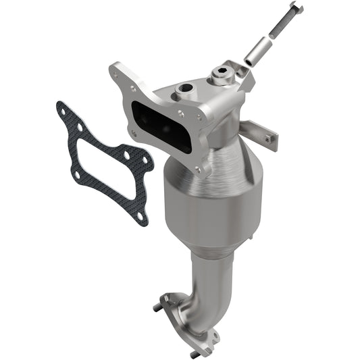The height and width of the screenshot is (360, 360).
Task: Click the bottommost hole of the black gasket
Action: tap(140, 216)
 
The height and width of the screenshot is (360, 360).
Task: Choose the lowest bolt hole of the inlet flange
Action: tap(198, 169)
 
